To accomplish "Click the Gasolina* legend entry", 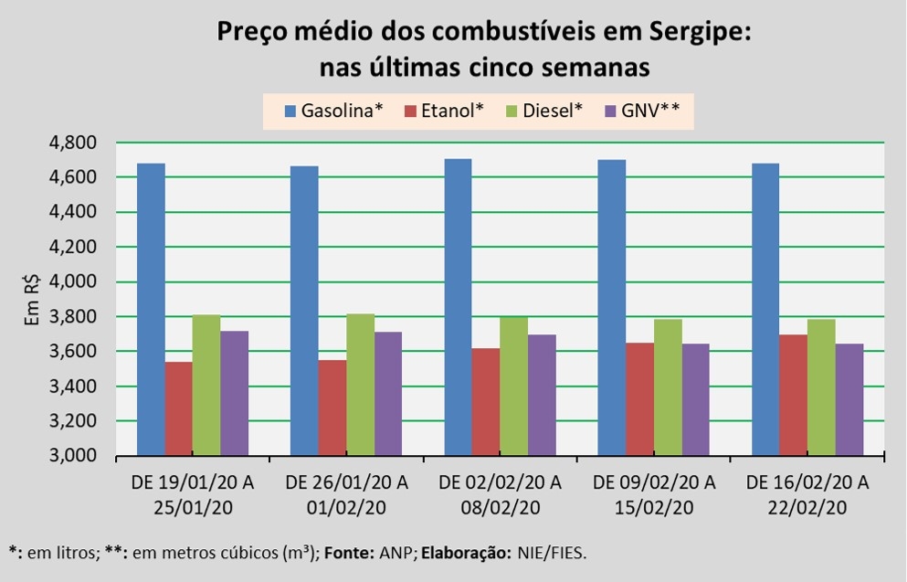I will [x=333, y=111].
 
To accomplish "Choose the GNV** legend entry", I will [x=643, y=111].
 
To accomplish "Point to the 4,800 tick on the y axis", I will [x=74, y=143].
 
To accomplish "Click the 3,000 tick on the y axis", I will [x=74, y=456].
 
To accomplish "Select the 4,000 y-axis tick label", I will [x=74, y=282].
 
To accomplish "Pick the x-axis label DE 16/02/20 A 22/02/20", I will [x=807, y=494].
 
